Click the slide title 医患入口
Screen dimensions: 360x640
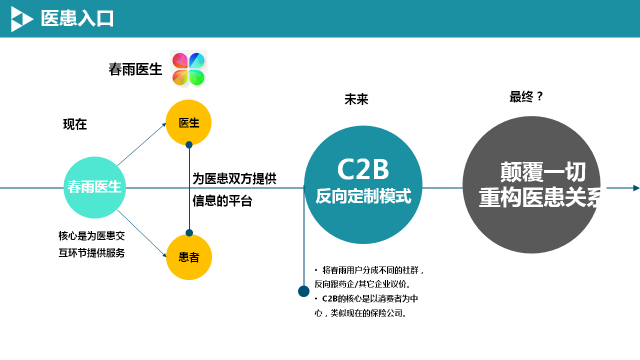click(78, 18)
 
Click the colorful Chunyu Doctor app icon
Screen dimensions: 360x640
click(189, 69)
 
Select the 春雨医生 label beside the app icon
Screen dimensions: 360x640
click(135, 69)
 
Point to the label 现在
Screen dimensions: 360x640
click(75, 124)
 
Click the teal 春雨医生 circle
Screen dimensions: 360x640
click(94, 187)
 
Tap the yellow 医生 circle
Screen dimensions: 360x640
click(189, 122)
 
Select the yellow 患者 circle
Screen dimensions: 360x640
click(189, 257)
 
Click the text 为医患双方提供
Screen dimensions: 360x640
click(234, 178)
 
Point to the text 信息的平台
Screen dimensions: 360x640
click(222, 201)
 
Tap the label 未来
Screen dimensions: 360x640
click(357, 99)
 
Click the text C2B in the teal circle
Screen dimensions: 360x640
click(362, 168)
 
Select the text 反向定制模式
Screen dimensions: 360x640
click(363, 196)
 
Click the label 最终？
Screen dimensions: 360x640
click(526, 97)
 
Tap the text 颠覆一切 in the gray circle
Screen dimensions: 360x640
click(535, 171)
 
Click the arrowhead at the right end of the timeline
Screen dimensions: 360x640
click(635, 187)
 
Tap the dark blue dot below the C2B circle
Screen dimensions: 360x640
click(303, 291)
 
